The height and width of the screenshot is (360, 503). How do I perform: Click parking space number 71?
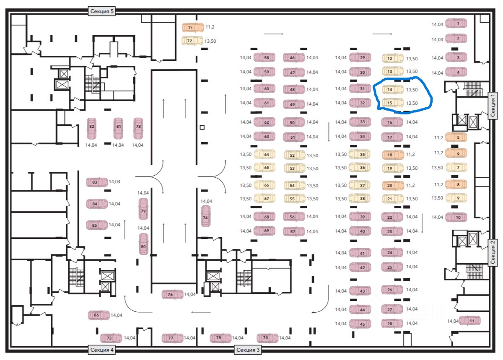(x=192, y=28)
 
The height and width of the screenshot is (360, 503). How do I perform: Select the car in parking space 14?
(x=392, y=89)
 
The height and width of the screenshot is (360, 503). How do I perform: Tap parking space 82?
(x=92, y=128)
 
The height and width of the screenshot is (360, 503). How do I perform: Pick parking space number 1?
(x=456, y=24)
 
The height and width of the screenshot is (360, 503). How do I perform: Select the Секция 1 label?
(x=493, y=105)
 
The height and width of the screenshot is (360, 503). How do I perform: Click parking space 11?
(x=469, y=321)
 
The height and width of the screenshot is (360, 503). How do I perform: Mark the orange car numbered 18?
(x=392, y=155)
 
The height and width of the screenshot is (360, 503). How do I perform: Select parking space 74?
(x=205, y=216)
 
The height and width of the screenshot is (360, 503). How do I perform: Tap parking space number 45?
(x=360, y=324)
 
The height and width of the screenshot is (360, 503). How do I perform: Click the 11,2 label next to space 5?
(x=439, y=137)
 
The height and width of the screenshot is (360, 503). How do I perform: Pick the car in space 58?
(x=264, y=58)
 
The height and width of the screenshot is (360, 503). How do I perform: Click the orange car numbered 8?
(x=456, y=184)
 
